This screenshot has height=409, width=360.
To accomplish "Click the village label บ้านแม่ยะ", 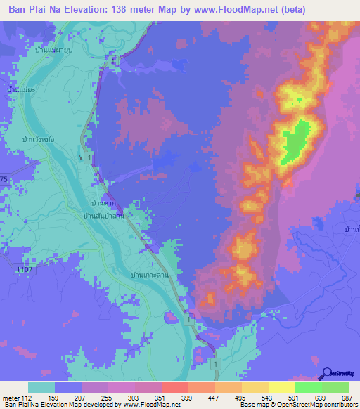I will point(20,91).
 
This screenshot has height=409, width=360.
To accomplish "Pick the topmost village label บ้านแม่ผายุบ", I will point(58,50).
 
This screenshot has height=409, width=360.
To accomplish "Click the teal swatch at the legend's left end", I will point(41,387).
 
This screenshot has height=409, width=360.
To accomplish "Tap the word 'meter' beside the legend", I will point(12,397).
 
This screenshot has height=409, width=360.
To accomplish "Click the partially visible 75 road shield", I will point(4,180).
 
